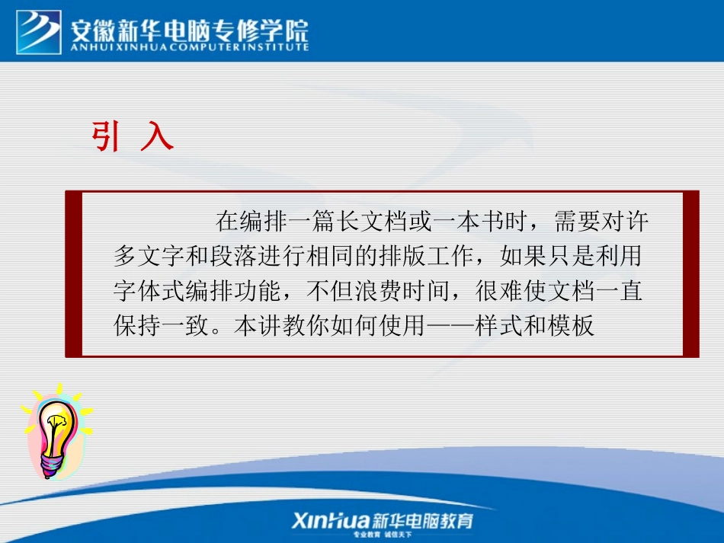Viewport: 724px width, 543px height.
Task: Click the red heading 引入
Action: tap(133, 137)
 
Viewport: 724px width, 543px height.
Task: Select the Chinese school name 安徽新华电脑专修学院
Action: tap(190, 30)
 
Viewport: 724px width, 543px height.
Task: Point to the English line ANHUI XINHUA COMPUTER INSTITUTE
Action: tap(190, 47)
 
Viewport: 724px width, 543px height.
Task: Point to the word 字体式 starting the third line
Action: tap(146, 292)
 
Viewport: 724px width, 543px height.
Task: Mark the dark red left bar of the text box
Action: tap(73, 274)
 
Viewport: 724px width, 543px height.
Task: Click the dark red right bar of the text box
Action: tap(690, 274)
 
